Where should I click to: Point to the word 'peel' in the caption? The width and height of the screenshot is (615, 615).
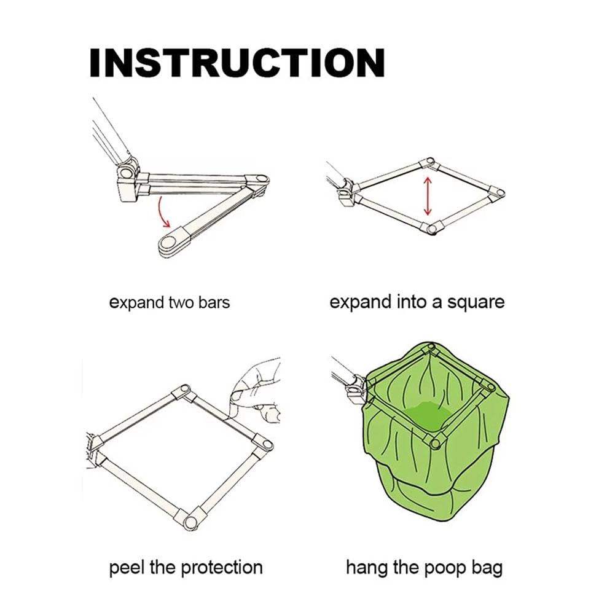[x=128, y=567]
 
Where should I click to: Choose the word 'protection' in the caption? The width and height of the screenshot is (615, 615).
[x=225, y=568]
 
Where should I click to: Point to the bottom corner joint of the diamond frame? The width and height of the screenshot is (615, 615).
[x=433, y=228]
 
